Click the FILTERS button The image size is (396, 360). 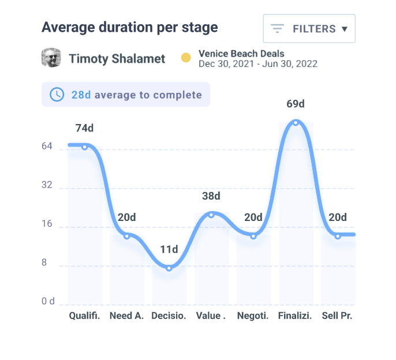pyautogui.click(x=309, y=29)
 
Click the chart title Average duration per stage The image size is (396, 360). pyautogui.click(x=130, y=27)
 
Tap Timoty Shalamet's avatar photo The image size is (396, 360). pyautogui.click(x=51, y=58)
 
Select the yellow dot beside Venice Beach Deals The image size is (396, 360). pyautogui.click(x=186, y=58)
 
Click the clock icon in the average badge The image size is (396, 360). pyautogui.click(x=57, y=95)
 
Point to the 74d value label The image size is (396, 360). pyautogui.click(x=84, y=128)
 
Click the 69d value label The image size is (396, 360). pyautogui.click(x=296, y=104)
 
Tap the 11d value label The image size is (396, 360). pyautogui.click(x=169, y=249)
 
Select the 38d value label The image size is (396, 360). pyautogui.click(x=211, y=196)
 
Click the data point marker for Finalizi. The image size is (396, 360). pyautogui.click(x=296, y=122)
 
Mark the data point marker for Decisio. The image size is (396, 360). pyautogui.click(x=169, y=268)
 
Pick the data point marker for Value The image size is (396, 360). pyautogui.click(x=211, y=215)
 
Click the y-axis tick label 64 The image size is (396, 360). pyautogui.click(x=47, y=147)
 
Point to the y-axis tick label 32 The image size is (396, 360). pyautogui.click(x=47, y=186)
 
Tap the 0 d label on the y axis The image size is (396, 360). pyautogui.click(x=47, y=301)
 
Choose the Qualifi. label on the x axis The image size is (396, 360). pyautogui.click(x=84, y=316)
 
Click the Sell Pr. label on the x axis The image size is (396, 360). pyautogui.click(x=337, y=316)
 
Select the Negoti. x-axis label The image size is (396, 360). pyautogui.click(x=253, y=316)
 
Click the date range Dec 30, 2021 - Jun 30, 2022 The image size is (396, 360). pyautogui.click(x=258, y=64)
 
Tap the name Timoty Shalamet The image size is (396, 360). pyautogui.click(x=117, y=59)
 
